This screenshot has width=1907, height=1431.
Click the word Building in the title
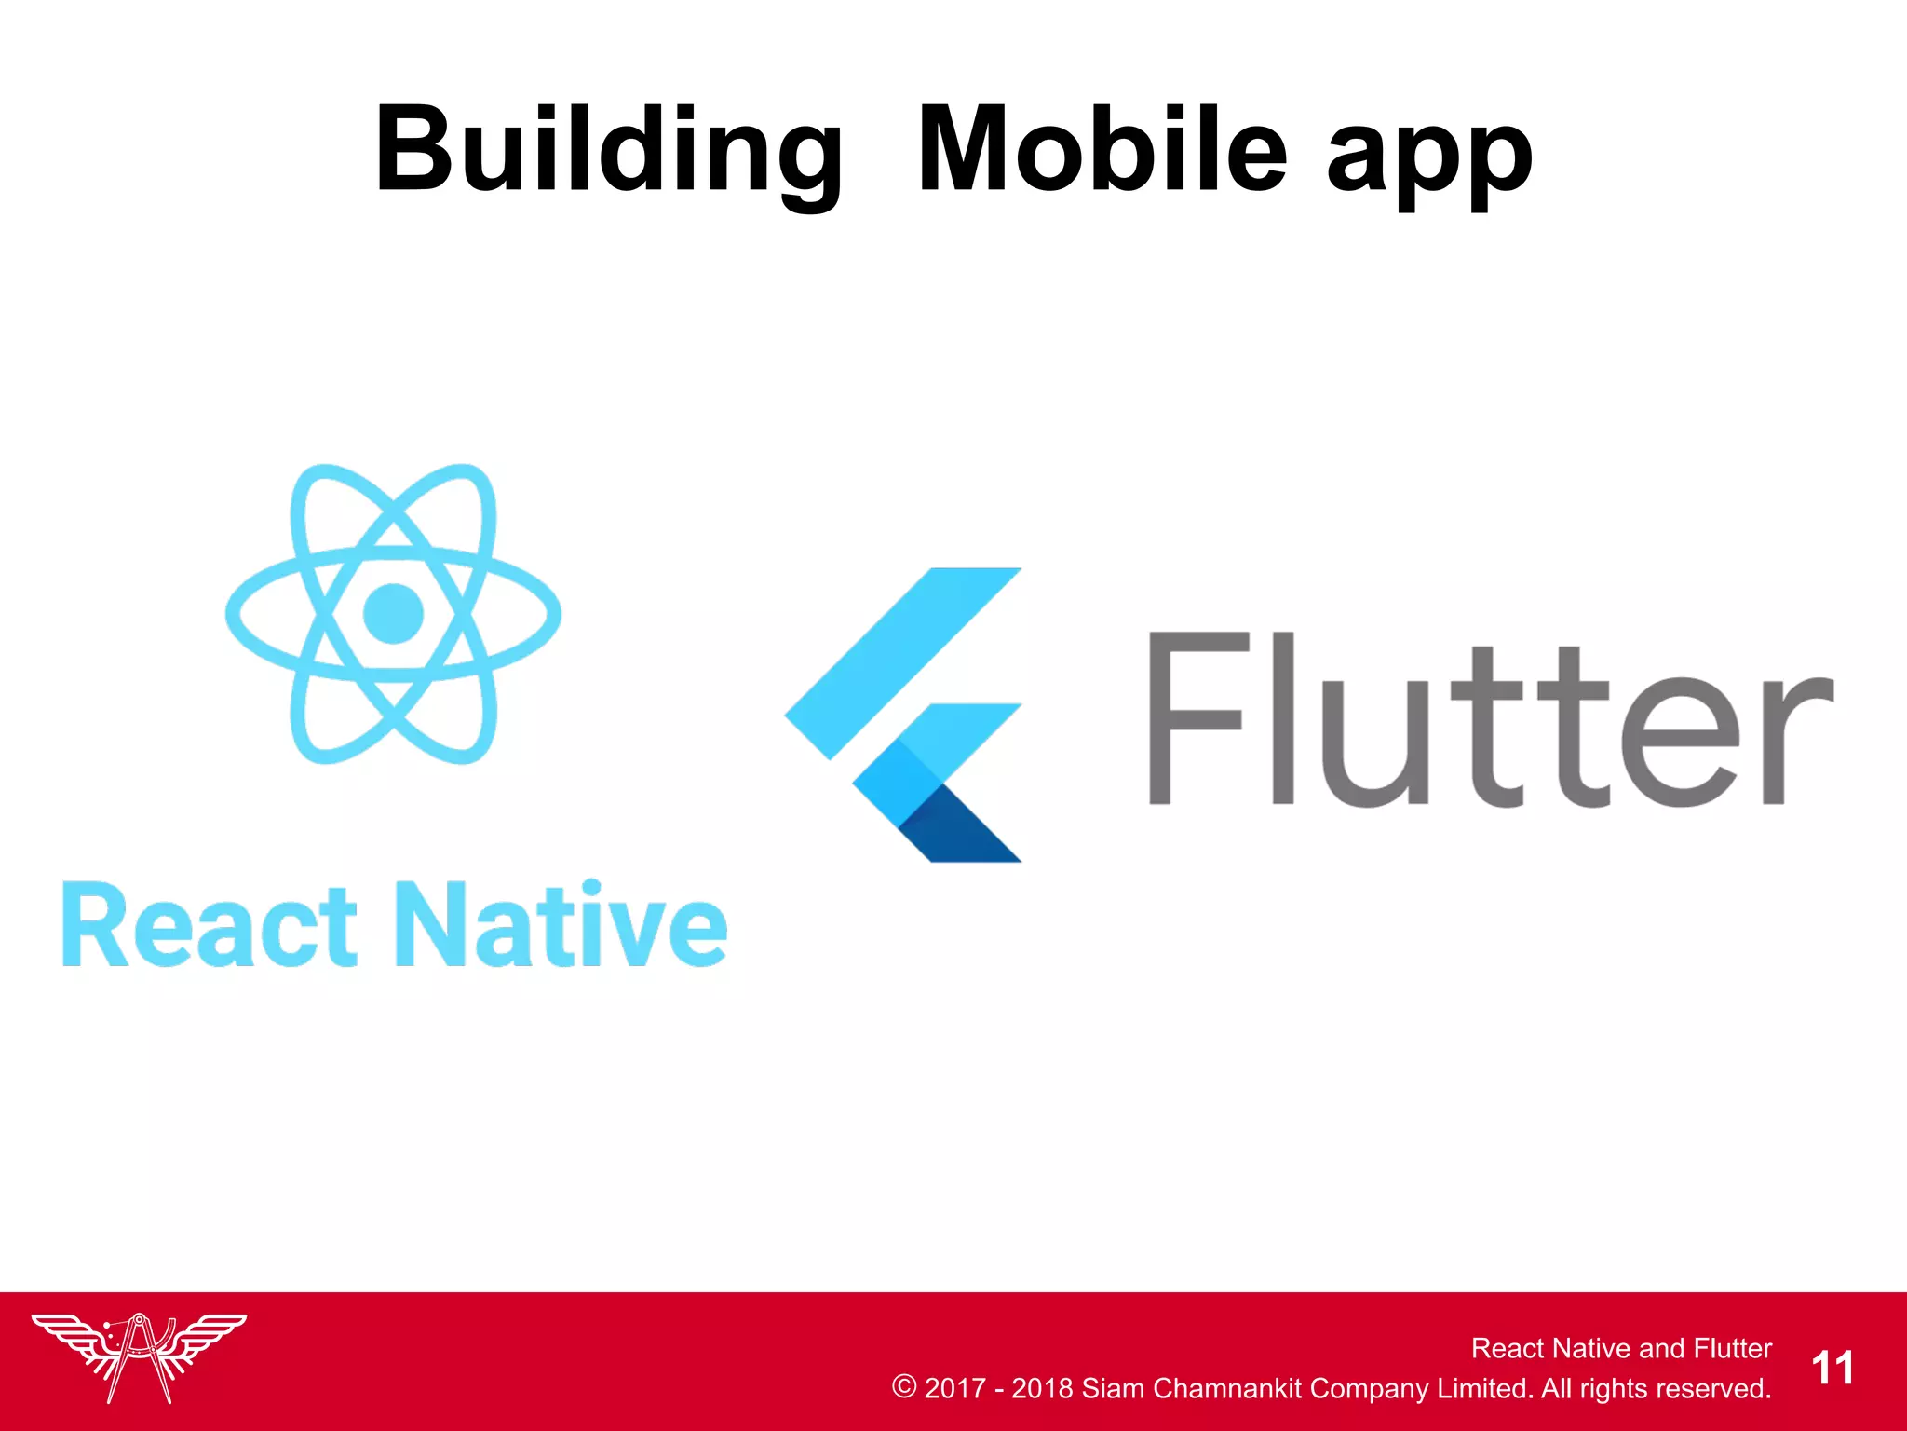[x=609, y=151]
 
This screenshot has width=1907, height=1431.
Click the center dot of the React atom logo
[x=393, y=613]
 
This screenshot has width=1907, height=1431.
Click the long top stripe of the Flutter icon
[x=903, y=661]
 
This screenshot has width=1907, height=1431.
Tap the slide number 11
[x=1833, y=1369]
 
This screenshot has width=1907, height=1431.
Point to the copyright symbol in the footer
[x=904, y=1386]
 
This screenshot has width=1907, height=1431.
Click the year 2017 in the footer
[x=954, y=1388]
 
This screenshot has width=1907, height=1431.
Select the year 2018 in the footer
[x=1042, y=1388]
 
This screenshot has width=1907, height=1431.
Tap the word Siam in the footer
[x=1112, y=1388]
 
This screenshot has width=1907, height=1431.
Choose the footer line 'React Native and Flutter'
[x=1621, y=1348]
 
